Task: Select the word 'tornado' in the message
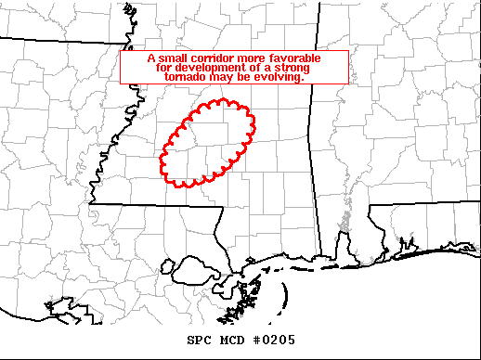coord(186,78)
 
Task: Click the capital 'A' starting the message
coord(152,58)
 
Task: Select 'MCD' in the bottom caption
coord(233,341)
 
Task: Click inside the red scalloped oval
coord(208,144)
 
